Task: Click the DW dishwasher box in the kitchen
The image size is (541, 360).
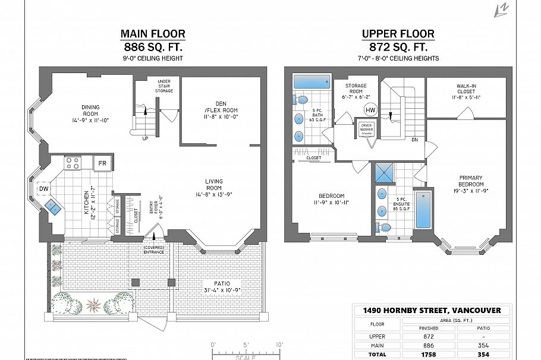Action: (x=43, y=189)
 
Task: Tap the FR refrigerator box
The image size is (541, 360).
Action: (x=103, y=163)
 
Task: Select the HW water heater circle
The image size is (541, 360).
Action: (x=370, y=110)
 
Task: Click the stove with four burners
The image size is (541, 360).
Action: (x=73, y=163)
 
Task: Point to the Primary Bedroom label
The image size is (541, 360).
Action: (x=470, y=184)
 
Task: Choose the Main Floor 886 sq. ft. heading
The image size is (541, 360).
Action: (x=152, y=40)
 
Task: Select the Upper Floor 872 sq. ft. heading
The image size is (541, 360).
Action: (x=398, y=40)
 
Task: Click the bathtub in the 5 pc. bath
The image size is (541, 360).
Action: (x=312, y=82)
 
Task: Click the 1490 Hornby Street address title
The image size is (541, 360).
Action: (x=432, y=310)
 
